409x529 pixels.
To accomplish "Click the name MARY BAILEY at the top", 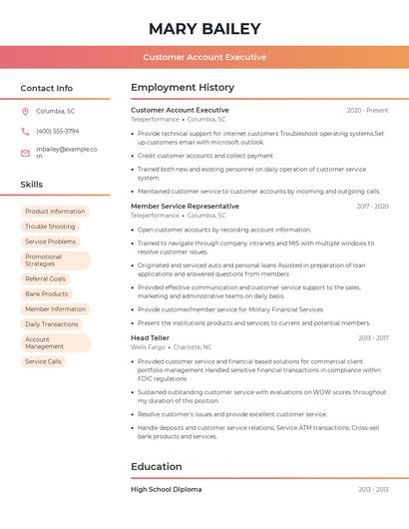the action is click(x=204, y=29).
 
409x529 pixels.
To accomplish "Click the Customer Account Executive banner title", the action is click(x=204, y=57).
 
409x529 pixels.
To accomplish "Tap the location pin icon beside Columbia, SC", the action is click(x=25, y=111).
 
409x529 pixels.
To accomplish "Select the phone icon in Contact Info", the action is click(x=25, y=131).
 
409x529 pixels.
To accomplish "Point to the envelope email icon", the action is click(x=25, y=153).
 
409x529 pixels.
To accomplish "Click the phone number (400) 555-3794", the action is click(x=57, y=131).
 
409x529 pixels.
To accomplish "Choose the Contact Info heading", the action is click(x=46, y=88).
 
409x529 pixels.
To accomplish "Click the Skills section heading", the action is click(x=31, y=185).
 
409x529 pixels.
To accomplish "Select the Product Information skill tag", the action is click(x=55, y=212).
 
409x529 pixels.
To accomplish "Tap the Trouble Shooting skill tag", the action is click(x=50, y=227).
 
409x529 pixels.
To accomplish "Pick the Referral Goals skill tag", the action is click(x=46, y=278).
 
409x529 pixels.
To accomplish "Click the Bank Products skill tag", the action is click(x=47, y=293).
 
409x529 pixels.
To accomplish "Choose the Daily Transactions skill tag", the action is click(x=52, y=324).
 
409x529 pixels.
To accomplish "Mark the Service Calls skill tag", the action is click(x=44, y=361).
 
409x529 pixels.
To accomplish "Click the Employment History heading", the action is click(x=183, y=88).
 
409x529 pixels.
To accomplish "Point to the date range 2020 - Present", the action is click(x=367, y=111).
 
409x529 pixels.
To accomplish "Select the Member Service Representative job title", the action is click(x=186, y=207).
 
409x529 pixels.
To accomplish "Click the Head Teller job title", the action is click(x=151, y=338).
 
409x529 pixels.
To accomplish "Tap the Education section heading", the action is click(x=157, y=466).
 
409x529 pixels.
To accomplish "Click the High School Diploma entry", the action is click(x=167, y=490).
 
